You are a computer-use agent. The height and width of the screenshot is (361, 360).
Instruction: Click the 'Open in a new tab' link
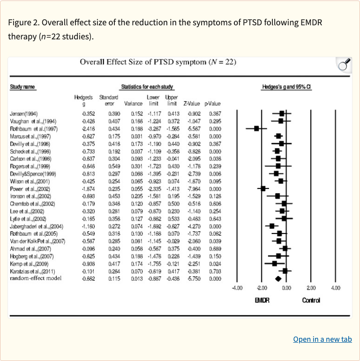tap(322, 339)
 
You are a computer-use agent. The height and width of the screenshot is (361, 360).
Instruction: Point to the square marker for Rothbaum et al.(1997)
tap(256, 128)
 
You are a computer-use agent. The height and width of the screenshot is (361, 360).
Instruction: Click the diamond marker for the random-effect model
tap(278, 279)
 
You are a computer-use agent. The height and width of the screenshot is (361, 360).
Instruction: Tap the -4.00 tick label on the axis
tap(237, 288)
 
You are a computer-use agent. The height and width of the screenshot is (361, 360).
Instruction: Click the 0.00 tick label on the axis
tap(286, 288)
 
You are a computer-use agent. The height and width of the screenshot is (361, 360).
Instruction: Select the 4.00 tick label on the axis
tap(335, 288)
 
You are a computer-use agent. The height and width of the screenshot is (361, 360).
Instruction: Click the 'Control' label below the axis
tap(311, 301)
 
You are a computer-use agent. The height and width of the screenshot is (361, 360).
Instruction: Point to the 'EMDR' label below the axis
tap(262, 301)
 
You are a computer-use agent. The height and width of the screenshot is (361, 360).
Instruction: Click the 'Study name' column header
tap(22, 87)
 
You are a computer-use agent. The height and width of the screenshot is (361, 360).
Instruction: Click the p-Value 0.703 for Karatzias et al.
tap(215, 271)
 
